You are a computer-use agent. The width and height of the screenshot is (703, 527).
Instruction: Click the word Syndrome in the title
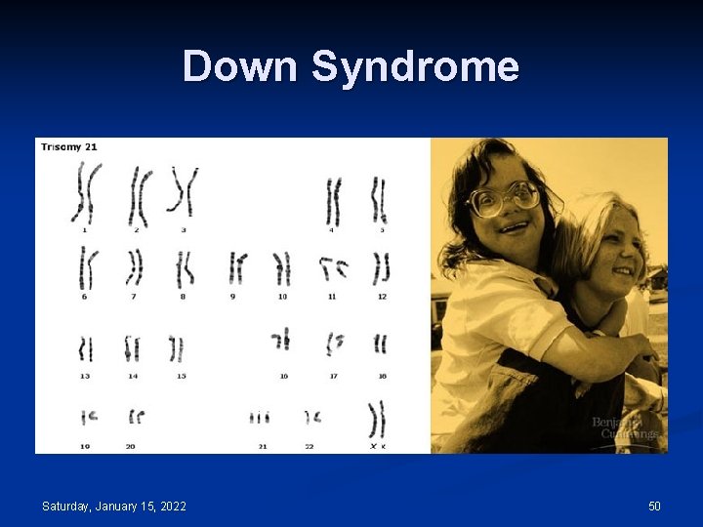(416, 66)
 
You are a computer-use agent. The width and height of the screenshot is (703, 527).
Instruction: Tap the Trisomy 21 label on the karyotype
(69, 147)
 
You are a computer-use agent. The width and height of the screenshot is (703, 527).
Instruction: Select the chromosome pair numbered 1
(87, 192)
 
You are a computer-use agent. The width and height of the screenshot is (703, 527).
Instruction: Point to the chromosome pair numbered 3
(183, 190)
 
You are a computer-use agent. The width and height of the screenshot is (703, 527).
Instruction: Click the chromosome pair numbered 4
(334, 201)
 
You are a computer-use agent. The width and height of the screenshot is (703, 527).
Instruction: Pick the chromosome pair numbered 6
(88, 266)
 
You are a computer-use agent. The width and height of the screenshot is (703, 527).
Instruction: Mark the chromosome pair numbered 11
(333, 266)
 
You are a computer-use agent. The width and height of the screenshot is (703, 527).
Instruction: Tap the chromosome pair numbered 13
(86, 348)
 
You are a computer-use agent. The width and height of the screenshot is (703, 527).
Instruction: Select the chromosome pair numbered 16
(281, 340)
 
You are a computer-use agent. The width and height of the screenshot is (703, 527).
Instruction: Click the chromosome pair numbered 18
(380, 344)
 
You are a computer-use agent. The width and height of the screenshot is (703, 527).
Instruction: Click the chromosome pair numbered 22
(311, 418)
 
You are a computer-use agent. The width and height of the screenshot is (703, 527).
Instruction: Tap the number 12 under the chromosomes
(382, 296)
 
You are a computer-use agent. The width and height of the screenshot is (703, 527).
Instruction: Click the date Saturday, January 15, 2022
(114, 506)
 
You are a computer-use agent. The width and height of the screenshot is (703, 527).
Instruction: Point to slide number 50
(654, 506)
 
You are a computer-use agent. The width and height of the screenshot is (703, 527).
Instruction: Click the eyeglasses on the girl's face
(504, 199)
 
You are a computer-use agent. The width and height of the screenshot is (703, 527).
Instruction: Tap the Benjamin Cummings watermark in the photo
(626, 427)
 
